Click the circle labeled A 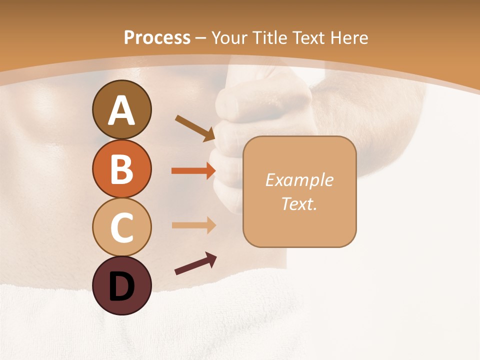(121, 110)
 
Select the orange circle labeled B (121, 168)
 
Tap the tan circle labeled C (121, 227)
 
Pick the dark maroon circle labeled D (121, 285)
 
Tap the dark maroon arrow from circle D (195, 264)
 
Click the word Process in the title (157, 37)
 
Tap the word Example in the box (299, 180)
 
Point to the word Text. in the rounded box (299, 203)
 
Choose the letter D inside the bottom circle (121, 287)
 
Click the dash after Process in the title (201, 38)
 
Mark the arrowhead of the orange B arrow (211, 171)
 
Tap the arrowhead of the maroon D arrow (211, 258)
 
